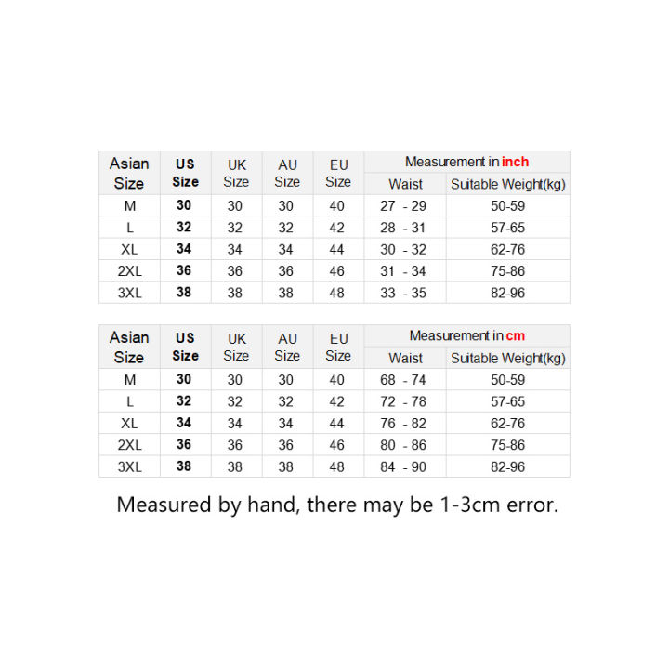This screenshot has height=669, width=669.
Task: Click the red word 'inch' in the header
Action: coord(515,162)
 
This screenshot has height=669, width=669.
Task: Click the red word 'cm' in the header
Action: coord(517,335)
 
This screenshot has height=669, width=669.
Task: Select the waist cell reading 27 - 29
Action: coord(403,206)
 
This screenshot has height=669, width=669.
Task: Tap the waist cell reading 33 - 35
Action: coord(403,293)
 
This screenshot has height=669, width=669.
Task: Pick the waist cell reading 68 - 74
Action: coord(403,380)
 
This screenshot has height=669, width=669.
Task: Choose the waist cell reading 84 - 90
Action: coord(403,466)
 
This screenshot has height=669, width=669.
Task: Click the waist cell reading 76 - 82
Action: coord(403,423)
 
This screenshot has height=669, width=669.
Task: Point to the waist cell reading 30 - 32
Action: coord(403,249)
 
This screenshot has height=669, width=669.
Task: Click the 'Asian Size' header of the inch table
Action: coord(129,173)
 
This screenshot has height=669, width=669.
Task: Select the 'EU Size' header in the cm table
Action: coord(338,347)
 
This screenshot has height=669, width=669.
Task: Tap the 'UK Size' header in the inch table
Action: coord(236,173)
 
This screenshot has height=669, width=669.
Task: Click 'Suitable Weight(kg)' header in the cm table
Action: coord(507,358)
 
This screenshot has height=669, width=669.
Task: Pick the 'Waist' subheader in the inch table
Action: coord(405,184)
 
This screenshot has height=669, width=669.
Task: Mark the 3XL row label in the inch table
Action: coord(129,293)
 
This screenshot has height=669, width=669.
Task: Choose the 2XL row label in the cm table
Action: coord(129,445)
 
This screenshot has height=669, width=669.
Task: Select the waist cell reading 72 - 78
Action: coord(403,401)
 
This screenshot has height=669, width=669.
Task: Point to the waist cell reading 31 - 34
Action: coord(403,271)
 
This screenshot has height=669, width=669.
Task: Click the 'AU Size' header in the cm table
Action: coord(287,347)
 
